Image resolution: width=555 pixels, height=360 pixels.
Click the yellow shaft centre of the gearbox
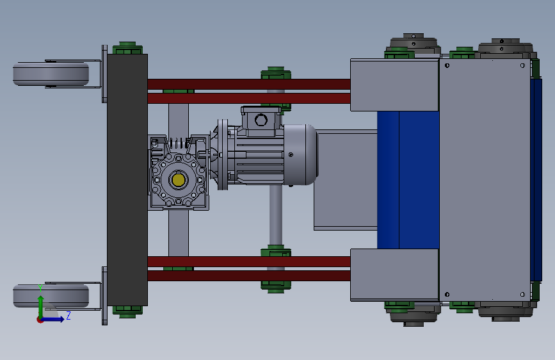coord(178,180)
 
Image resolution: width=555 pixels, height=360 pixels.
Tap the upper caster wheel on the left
coord(51,74)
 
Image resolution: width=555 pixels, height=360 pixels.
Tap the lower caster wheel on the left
coord(51,296)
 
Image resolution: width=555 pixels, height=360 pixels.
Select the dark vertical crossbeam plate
coord(127,179)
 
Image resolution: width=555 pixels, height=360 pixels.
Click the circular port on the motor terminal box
coord(261,120)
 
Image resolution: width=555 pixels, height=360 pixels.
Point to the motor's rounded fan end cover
coord(300,154)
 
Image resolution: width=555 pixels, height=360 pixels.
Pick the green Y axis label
coord(40,288)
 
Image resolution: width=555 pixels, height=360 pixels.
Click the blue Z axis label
coord(68,315)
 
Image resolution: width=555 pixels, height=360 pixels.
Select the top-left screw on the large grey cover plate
coord(447,65)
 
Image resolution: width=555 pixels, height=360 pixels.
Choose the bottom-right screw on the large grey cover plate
coord(523,295)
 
